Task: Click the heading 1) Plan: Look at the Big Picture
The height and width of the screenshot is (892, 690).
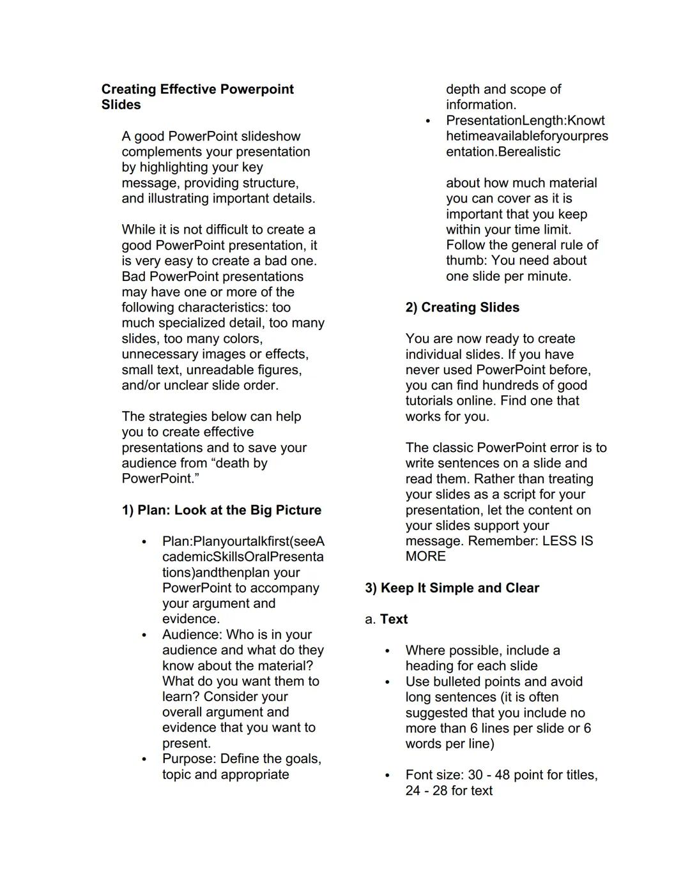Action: [x=221, y=510]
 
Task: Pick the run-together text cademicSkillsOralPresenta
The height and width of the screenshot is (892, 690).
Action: [x=243, y=557]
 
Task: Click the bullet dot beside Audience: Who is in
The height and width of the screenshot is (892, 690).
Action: [x=144, y=635]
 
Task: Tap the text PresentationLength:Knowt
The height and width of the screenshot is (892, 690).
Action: [x=525, y=121]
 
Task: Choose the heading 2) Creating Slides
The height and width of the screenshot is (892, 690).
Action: [x=462, y=308]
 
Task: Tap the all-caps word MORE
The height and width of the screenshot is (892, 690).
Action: [x=425, y=557]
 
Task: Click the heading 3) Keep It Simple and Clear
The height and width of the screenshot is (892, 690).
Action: [x=452, y=588]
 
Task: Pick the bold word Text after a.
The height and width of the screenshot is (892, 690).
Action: [x=394, y=619]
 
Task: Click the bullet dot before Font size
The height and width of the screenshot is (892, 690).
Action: [x=387, y=776]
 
